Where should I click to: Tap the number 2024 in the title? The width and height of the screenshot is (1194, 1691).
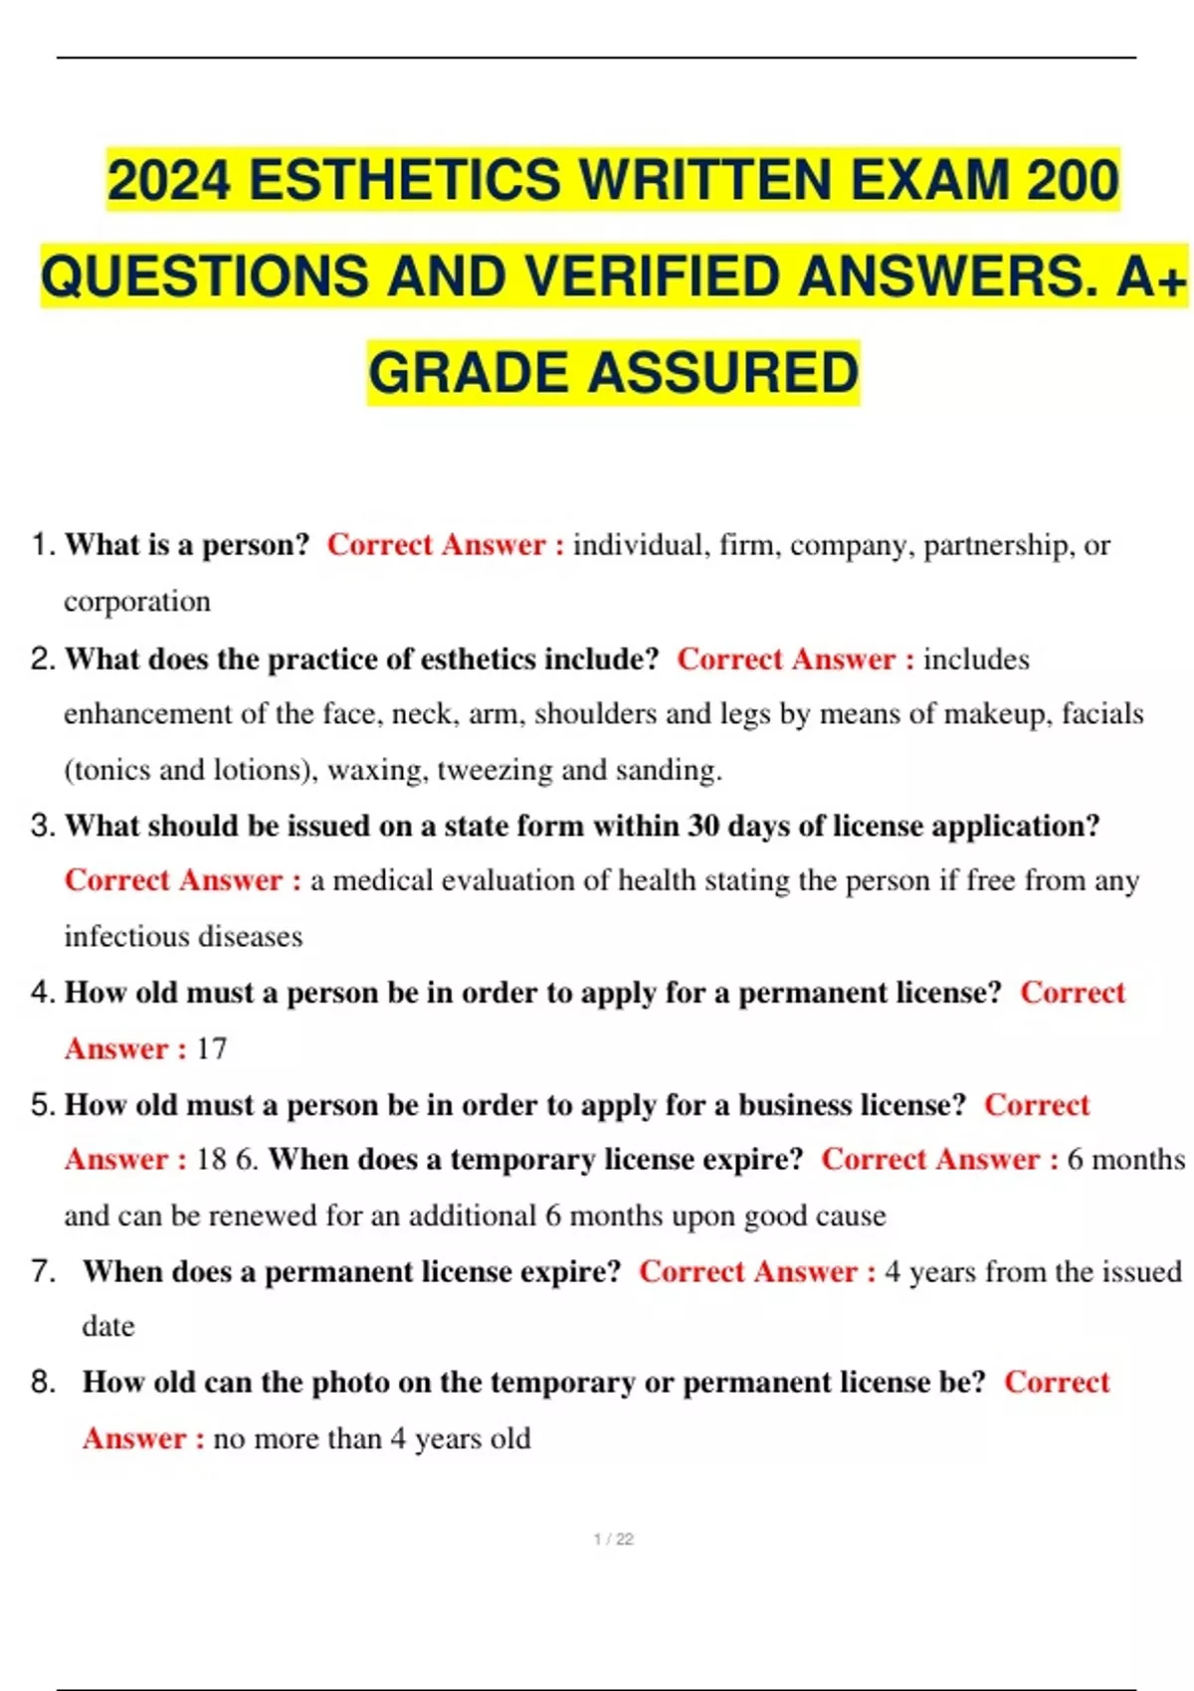(x=168, y=181)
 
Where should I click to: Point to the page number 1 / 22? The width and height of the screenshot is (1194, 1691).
(x=613, y=1539)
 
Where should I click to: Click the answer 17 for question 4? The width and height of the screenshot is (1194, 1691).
(x=211, y=1048)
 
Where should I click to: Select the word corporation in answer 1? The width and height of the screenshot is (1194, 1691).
(x=137, y=602)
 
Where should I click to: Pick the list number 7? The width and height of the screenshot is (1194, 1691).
(x=42, y=1271)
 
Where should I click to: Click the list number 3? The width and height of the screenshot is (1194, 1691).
(x=42, y=826)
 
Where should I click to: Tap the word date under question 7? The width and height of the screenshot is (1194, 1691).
(x=107, y=1326)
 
